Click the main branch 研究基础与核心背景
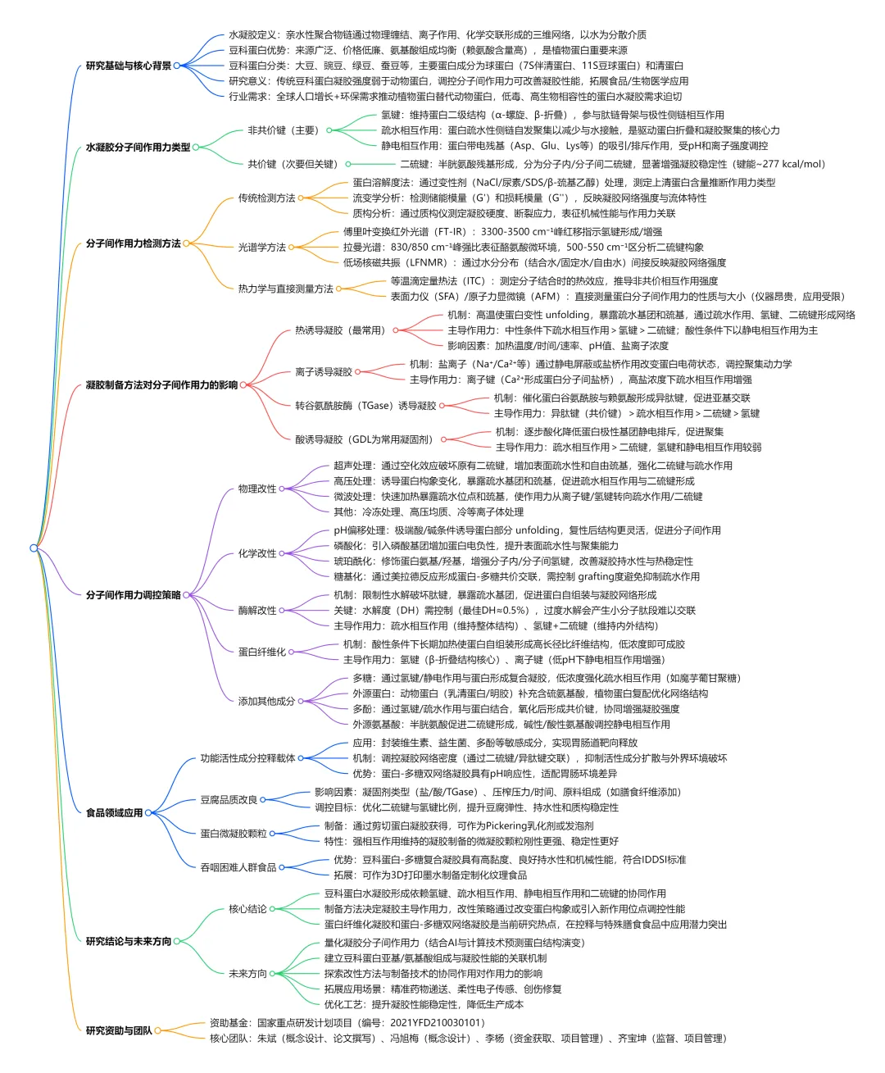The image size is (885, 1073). [x=129, y=66]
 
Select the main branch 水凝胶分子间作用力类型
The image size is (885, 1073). [x=138, y=148]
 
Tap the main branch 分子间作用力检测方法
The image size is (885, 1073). [x=134, y=243]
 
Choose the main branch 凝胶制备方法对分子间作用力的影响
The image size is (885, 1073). [x=161, y=385]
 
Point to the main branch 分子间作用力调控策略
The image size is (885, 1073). [x=134, y=595]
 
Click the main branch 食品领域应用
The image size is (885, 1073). [x=114, y=813]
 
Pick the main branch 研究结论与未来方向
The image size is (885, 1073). [x=129, y=941]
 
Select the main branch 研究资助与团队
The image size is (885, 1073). [x=119, y=1030]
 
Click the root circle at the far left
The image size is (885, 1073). [x=34, y=548]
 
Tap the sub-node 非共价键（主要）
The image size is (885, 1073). [x=283, y=130]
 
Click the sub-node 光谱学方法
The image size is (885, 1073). [x=262, y=247]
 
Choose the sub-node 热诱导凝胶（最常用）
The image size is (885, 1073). [x=339, y=330]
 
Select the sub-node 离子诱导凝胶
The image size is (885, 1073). [x=324, y=371]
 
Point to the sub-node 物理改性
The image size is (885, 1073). [x=257, y=489]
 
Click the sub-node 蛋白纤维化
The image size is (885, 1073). [x=262, y=652]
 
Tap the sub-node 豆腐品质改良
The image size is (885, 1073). [x=229, y=800]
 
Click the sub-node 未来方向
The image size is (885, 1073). [x=247, y=974]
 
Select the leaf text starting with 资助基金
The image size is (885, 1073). [x=347, y=1022]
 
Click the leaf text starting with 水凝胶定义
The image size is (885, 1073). [x=437, y=35]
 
